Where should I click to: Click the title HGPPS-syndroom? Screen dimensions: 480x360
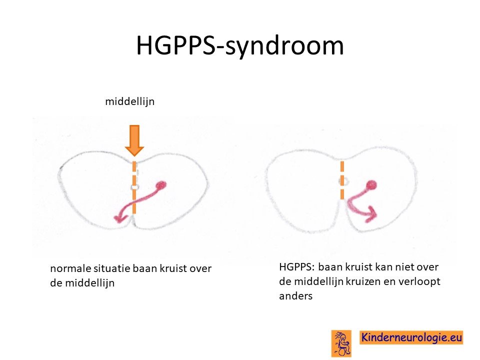(x=240, y=46)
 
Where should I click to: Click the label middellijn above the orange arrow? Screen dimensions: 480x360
(x=130, y=101)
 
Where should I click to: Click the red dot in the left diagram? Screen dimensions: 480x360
(x=161, y=185)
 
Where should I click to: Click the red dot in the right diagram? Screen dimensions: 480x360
(x=371, y=185)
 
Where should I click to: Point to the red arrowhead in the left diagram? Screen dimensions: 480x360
(x=120, y=218)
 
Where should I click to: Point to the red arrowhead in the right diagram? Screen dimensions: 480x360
(x=370, y=214)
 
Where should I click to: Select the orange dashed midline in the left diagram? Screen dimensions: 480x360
(x=134, y=187)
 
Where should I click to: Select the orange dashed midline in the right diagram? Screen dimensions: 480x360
(x=342, y=180)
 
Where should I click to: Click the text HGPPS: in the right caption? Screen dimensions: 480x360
(x=296, y=267)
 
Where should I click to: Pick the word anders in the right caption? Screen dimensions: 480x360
(x=295, y=296)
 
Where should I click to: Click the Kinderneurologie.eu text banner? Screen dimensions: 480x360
(x=411, y=337)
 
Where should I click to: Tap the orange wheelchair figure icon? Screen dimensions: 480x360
(x=341, y=343)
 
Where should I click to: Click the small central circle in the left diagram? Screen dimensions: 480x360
(x=134, y=186)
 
